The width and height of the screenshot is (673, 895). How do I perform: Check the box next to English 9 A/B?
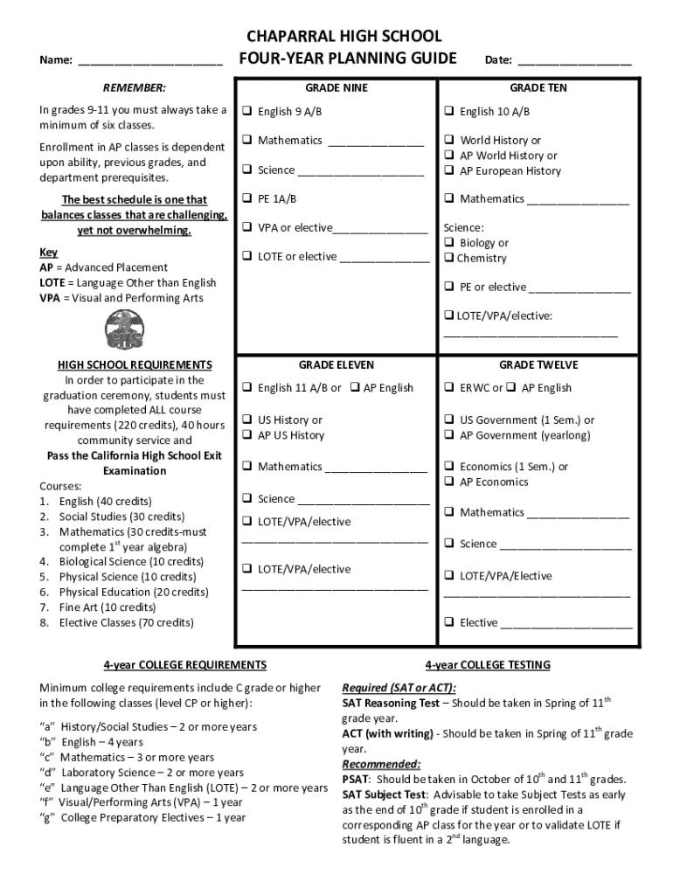pyautogui.click(x=247, y=112)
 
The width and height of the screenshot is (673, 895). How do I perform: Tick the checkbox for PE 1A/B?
pyautogui.click(x=247, y=198)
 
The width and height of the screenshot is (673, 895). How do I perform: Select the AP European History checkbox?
pyautogui.click(x=448, y=171)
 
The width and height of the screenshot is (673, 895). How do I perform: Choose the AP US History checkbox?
pyautogui.click(x=247, y=435)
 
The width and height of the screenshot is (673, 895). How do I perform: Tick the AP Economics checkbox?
pyautogui.click(x=448, y=482)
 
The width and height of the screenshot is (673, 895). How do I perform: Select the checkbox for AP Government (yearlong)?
pyautogui.click(x=448, y=435)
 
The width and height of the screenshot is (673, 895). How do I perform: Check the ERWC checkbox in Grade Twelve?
pyautogui.click(x=448, y=388)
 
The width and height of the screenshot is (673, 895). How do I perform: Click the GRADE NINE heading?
pyautogui.click(x=336, y=88)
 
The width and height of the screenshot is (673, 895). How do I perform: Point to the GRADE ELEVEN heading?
pyautogui.click(x=336, y=364)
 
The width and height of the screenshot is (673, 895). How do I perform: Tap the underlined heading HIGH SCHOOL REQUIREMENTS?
pyautogui.click(x=135, y=364)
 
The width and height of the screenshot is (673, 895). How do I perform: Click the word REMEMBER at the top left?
pyautogui.click(x=134, y=88)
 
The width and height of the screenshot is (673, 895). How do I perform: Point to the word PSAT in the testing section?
pyautogui.click(x=356, y=780)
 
